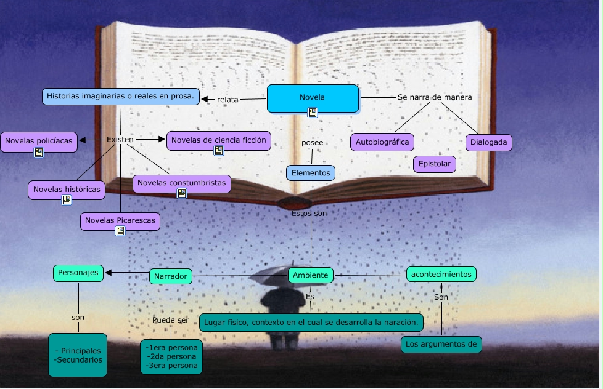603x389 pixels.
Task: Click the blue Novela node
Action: click(313, 97)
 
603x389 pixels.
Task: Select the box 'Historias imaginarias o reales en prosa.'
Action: click(121, 96)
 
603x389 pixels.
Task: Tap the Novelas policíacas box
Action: click(38, 141)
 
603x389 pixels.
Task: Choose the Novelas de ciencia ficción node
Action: click(218, 140)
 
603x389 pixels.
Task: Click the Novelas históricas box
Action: click(66, 190)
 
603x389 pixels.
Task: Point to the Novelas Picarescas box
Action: click(120, 220)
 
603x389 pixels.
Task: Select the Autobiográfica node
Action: click(382, 142)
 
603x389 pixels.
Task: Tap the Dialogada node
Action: click(488, 142)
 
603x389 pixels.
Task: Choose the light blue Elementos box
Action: click(311, 173)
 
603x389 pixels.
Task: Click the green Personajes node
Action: click(78, 273)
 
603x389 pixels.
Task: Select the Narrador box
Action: click(170, 276)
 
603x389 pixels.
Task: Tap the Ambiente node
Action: click(311, 275)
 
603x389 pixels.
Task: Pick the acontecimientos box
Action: click(441, 274)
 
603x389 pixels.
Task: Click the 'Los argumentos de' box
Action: click(441, 344)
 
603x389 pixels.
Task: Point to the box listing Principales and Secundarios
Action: click(78, 355)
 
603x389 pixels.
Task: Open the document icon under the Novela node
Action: click(313, 112)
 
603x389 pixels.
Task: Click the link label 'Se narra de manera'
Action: click(435, 97)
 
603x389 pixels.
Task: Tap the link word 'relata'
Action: click(228, 99)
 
